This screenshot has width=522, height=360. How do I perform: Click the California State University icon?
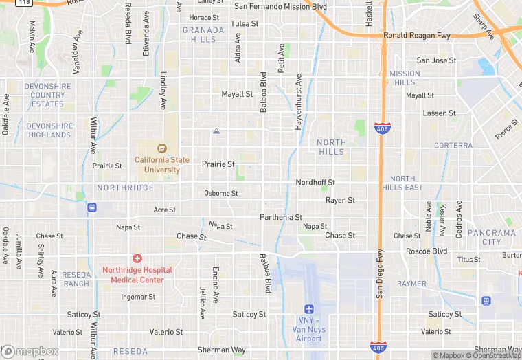coord(162,148)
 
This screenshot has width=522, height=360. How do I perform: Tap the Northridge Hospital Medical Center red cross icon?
coord(137,258)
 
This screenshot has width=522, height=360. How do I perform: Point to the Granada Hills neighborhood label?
coord(203,34)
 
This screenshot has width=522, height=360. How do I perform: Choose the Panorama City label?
coord(492,237)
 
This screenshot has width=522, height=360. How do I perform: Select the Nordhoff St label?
coord(315,183)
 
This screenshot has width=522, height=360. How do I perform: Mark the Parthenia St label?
coord(281,218)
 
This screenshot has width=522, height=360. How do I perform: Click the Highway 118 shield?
coord(24,3)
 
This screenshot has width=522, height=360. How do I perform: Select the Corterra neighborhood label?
coord(453,146)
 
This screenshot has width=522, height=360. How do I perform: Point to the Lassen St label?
coord(440,113)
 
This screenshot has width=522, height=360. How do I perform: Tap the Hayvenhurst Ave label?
coord(299,99)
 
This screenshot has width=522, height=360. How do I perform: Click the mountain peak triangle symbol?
coord(216,131)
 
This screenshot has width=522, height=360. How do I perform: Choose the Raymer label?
coord(411,284)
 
